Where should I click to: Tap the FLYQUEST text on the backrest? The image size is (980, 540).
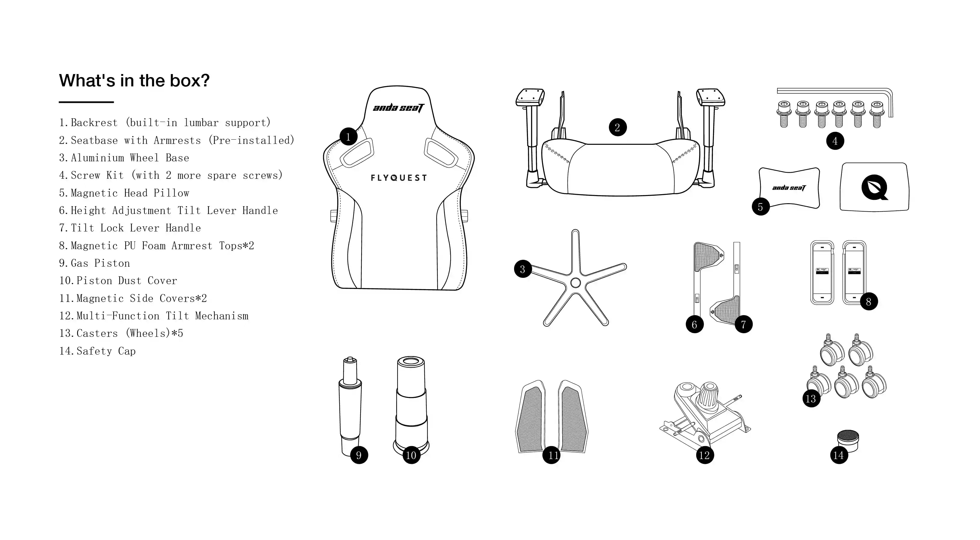[399, 178]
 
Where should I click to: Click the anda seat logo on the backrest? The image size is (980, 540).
[398, 108]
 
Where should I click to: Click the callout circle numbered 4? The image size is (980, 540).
[835, 141]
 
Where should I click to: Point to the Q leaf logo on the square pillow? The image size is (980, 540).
[875, 187]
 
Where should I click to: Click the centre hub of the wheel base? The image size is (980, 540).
[575, 282]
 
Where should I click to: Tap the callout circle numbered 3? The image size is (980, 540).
[523, 269]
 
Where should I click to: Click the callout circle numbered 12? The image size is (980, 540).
[705, 455]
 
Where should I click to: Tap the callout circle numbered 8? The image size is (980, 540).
[869, 302]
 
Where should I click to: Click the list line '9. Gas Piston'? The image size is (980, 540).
[94, 263]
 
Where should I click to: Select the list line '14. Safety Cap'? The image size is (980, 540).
[98, 351]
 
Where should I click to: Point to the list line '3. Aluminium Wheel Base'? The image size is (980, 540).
[124, 157]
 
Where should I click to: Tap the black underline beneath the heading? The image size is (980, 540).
[86, 102]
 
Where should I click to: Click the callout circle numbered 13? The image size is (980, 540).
[811, 399]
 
